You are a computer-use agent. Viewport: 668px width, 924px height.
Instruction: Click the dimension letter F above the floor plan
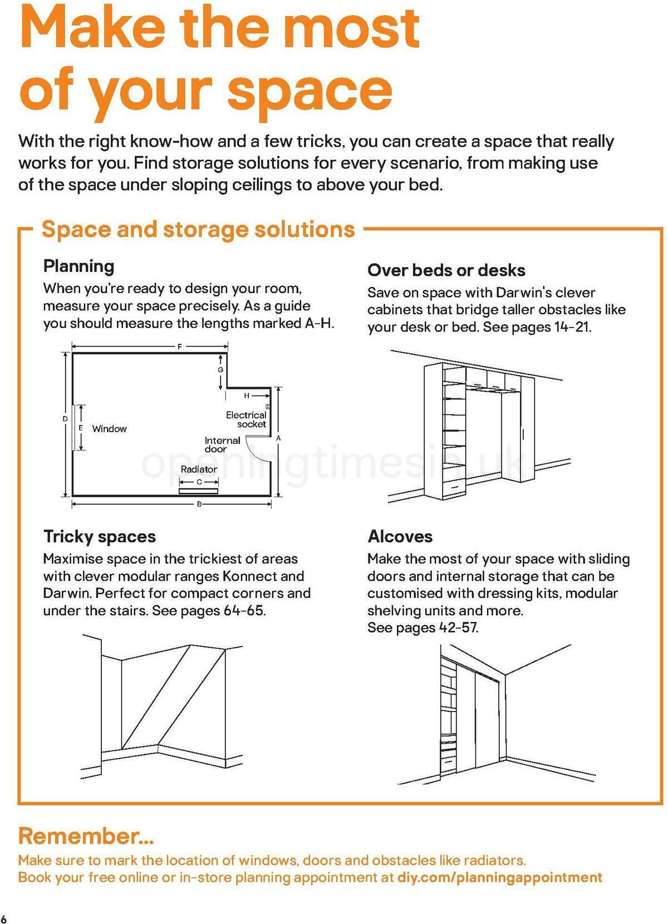[179, 347]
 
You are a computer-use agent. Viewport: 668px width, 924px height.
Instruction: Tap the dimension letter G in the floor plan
[220, 370]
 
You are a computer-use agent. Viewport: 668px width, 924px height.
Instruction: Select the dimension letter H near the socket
[247, 396]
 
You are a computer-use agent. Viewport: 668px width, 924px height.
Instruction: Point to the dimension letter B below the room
[199, 504]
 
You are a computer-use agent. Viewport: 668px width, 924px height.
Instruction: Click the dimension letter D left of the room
[65, 419]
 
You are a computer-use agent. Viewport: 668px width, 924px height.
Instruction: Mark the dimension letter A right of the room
[278, 438]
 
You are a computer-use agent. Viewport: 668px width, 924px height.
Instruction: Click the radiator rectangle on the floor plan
[198, 491]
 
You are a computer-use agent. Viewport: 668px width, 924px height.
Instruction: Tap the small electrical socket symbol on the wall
[268, 407]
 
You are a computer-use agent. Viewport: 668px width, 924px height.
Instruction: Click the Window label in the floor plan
[109, 429]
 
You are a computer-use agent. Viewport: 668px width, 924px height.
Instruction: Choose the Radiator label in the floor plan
[199, 470]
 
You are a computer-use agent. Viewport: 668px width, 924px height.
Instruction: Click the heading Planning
[78, 266]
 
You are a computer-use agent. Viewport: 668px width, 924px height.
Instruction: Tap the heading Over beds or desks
[446, 270]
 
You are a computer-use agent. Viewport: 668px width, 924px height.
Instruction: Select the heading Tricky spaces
[99, 537]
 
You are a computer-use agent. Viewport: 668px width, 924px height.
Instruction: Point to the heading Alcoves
[400, 537]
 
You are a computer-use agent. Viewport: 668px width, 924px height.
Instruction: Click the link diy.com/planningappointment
[499, 877]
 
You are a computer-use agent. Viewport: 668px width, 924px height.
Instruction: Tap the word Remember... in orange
[86, 836]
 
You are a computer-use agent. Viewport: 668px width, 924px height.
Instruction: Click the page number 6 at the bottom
[4, 918]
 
